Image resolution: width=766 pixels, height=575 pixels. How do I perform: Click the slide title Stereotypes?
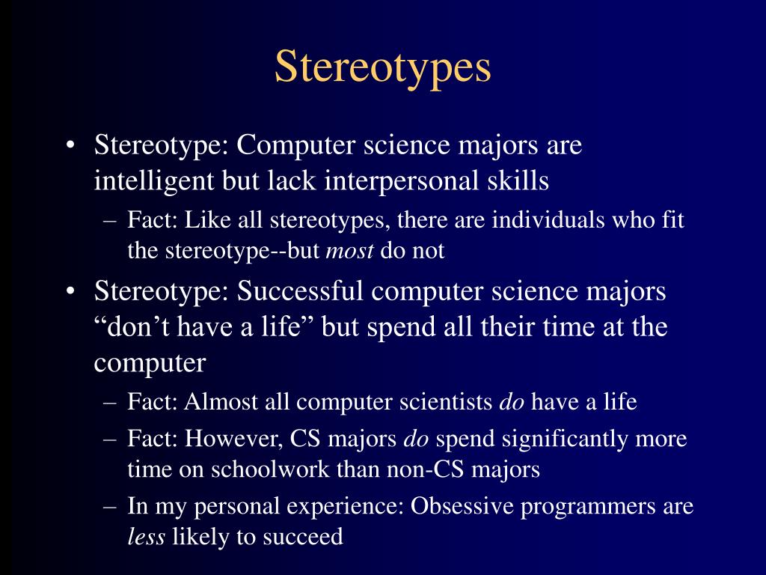[382, 67]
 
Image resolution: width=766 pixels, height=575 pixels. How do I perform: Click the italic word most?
[350, 251]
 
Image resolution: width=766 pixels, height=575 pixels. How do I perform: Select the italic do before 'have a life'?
[512, 402]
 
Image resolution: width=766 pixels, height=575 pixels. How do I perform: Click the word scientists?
[444, 402]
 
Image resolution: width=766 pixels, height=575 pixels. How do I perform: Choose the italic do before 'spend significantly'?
[416, 439]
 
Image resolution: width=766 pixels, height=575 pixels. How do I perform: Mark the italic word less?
[146, 537]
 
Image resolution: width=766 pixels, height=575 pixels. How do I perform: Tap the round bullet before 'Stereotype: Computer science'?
[70, 145]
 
